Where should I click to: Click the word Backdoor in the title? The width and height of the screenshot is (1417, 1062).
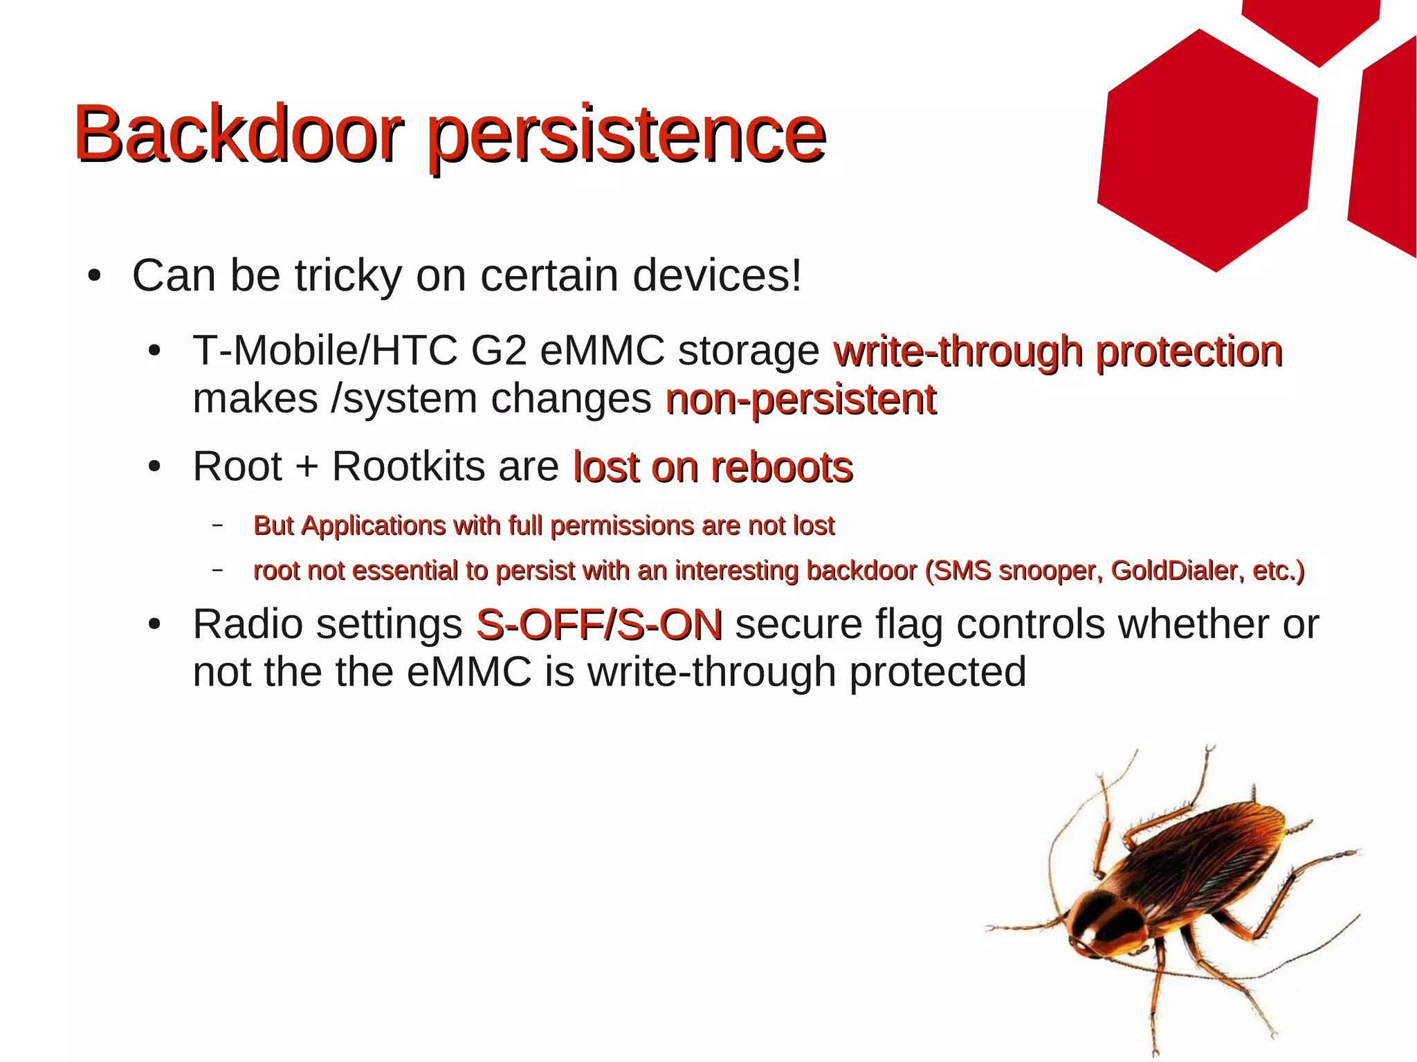click(237, 133)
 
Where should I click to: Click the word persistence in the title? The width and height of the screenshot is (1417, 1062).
click(625, 136)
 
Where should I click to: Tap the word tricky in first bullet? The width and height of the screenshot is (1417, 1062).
click(348, 275)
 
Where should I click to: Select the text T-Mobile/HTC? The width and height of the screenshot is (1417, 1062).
click(324, 350)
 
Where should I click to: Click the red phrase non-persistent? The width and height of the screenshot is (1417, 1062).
click(800, 399)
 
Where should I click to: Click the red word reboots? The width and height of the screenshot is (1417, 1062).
click(782, 467)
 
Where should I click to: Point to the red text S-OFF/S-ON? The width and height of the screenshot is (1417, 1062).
click(599, 624)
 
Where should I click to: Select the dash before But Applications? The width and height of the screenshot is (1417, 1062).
click(218, 525)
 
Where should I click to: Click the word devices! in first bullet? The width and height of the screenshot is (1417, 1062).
click(717, 275)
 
